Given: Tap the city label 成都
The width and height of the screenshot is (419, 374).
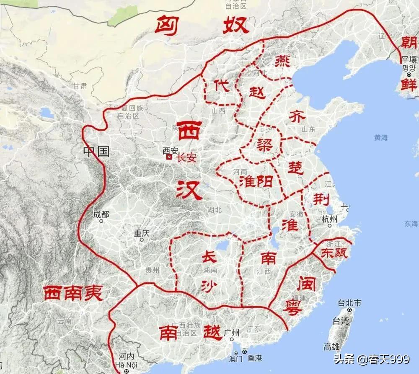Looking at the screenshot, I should pos(101,214).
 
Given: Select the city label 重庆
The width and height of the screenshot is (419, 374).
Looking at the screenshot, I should pos(142,233).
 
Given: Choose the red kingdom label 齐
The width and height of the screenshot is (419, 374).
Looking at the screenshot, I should pos(297,117).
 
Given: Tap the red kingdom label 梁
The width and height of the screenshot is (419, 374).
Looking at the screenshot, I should pos(265,144).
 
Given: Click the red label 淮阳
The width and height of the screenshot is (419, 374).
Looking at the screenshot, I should pos(256,181).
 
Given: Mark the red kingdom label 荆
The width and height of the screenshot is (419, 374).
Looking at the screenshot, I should pos(321,199).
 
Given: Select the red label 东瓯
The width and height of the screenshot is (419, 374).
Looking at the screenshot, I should pos(334,253).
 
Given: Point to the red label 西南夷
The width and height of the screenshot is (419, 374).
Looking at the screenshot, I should pos(73,293).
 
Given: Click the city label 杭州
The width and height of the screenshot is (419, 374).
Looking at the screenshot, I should pos(330,219).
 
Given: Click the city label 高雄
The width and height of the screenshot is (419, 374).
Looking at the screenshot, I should pos(331,346).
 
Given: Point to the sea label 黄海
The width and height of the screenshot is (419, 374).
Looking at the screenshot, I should pos(381,137).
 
